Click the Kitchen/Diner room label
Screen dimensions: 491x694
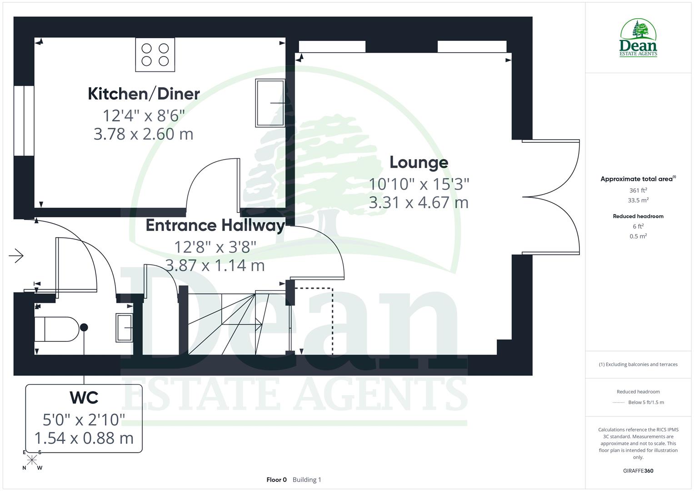tap(144, 94)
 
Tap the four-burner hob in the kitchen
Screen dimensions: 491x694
tap(155, 55)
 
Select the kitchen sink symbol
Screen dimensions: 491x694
tap(270, 103)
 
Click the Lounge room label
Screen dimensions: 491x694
tap(419, 162)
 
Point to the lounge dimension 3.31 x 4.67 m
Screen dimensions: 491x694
tap(418, 202)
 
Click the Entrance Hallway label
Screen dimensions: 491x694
tap(215, 225)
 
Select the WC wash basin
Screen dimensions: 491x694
tap(124, 327)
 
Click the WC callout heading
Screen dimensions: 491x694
tap(84, 398)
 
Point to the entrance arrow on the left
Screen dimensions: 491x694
tap(16, 256)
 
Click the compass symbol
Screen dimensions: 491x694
tap(32, 460)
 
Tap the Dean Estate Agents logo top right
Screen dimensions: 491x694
tap(638, 38)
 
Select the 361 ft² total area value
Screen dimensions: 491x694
tap(638, 190)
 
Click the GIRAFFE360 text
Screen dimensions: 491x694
tap(638, 471)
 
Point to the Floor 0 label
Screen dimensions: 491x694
tap(276, 480)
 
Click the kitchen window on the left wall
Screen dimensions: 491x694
tap(24, 120)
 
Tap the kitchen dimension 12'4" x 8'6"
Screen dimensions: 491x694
tap(144, 115)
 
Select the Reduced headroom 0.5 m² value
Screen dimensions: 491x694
tap(638, 236)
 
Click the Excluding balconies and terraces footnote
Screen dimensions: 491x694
tap(638, 364)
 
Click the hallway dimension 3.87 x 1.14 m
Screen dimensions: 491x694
tap(215, 265)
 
